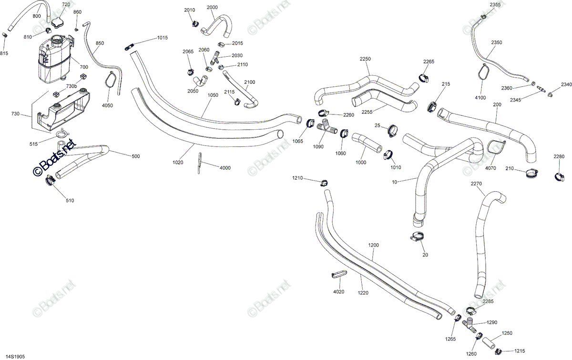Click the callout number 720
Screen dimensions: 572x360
click(x=66, y=4)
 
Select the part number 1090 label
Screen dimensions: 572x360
click(x=318, y=147)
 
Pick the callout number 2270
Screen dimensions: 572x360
click(x=476, y=184)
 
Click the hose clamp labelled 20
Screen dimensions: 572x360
click(x=417, y=237)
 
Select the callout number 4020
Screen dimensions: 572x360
click(x=338, y=292)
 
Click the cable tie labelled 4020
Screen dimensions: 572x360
click(x=339, y=274)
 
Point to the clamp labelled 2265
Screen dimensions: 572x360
click(x=424, y=78)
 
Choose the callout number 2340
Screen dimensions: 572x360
click(x=566, y=84)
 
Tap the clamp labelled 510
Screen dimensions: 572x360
click(x=51, y=180)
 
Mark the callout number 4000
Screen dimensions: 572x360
click(x=225, y=168)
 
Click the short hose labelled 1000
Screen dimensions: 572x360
click(x=367, y=143)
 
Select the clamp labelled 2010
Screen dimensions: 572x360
click(x=195, y=23)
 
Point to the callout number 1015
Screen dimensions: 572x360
click(x=163, y=38)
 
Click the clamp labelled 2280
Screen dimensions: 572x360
click(x=559, y=177)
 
